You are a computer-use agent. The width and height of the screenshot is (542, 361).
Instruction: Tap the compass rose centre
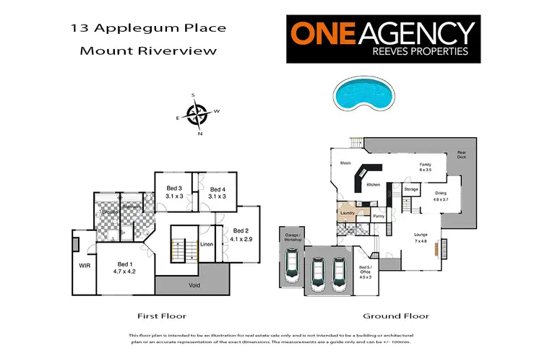click(x=197, y=113)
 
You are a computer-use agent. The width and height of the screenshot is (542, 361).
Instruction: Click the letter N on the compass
click(x=200, y=134)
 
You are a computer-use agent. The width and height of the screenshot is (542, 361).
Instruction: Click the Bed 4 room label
click(x=218, y=192)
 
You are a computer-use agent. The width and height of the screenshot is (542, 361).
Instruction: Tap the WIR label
click(x=84, y=265)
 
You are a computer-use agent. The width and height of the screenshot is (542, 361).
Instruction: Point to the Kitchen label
click(x=373, y=186)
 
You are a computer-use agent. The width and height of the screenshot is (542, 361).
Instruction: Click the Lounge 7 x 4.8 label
click(x=421, y=238)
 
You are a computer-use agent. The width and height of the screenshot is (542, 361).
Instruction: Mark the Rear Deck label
click(x=460, y=154)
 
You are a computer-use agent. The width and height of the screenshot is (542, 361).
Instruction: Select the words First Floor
click(x=162, y=316)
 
